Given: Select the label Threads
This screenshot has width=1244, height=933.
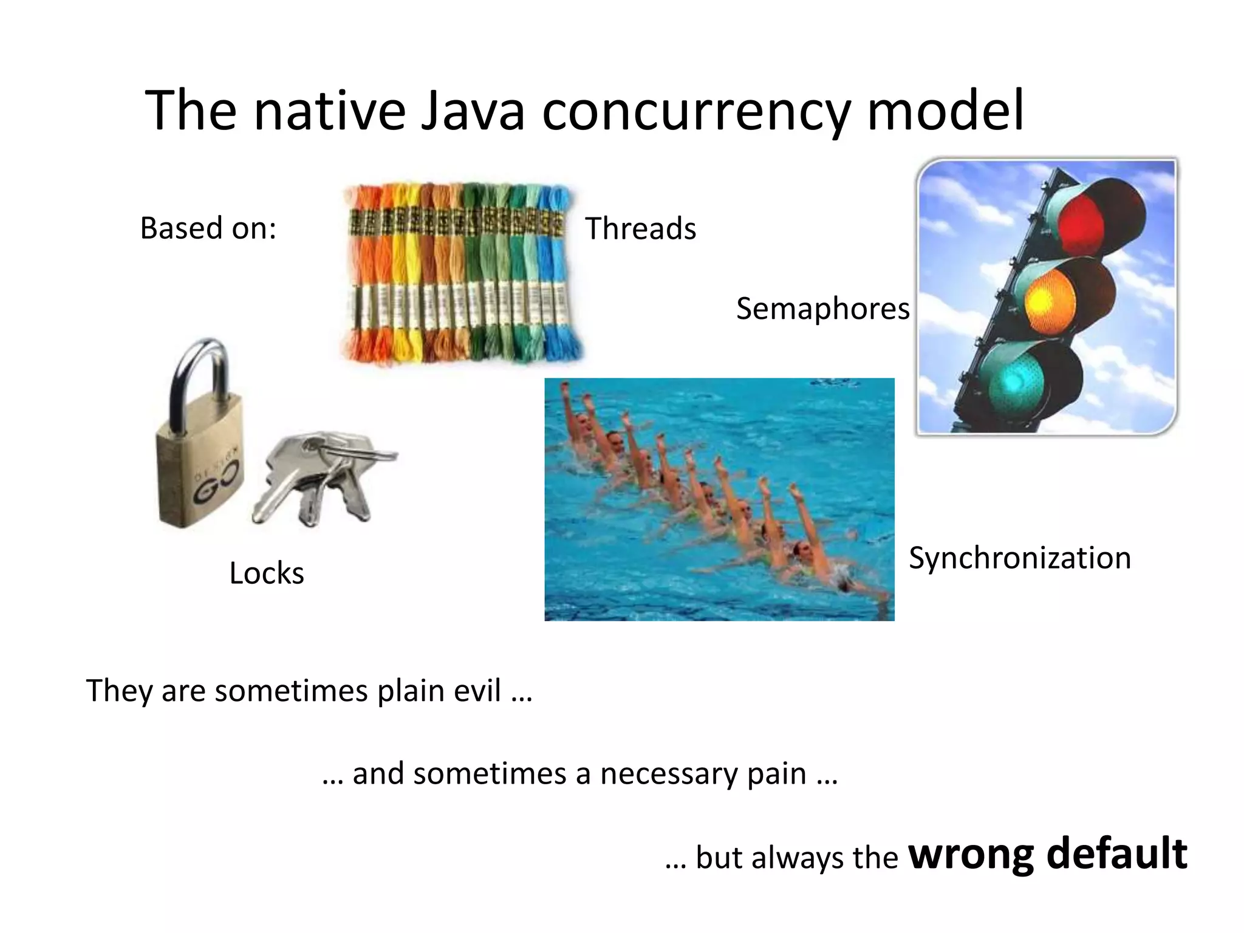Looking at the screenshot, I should (x=640, y=229).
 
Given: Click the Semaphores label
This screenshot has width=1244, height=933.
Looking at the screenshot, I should (x=822, y=309).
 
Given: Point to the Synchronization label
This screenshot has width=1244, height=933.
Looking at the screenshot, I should (x=1019, y=558).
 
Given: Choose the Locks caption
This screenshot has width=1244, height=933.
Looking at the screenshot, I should (x=267, y=573).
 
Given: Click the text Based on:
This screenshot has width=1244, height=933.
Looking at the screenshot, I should (x=208, y=228).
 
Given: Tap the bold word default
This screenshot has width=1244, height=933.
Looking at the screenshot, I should (x=1116, y=853).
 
